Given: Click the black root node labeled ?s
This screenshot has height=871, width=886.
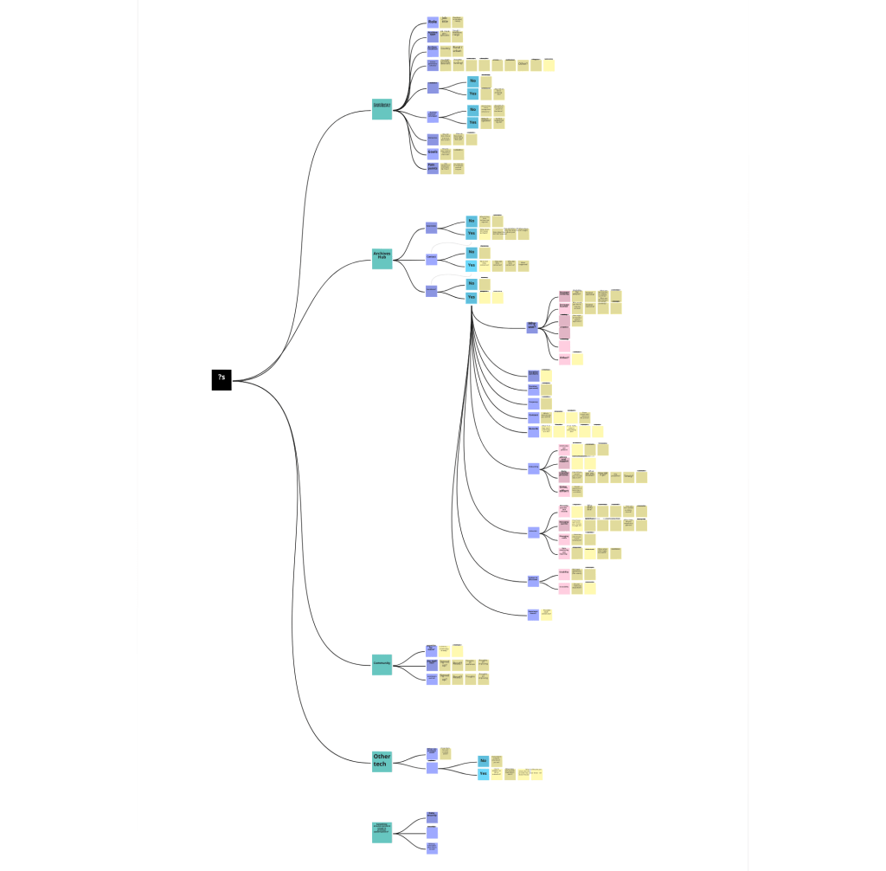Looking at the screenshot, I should point(221,379).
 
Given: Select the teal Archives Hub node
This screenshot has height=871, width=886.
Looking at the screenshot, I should point(382,258).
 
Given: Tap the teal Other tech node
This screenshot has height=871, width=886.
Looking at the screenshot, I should point(382,761).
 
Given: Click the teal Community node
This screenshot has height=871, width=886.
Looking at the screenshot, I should point(382,664).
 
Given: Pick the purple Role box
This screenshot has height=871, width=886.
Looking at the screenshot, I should point(433,22).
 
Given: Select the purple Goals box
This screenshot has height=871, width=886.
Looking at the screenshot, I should point(433,152).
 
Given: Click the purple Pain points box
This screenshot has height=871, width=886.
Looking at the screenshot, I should point(433,167).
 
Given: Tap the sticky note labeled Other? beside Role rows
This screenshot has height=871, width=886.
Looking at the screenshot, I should point(523,64).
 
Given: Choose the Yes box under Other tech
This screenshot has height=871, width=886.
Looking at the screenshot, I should point(484,774).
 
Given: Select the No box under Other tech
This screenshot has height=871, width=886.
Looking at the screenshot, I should point(484,760).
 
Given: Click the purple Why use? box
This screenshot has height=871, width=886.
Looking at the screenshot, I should point(532,326).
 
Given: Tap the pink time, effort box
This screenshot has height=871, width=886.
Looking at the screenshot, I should point(564,489).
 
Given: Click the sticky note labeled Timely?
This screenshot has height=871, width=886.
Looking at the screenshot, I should point(629,476).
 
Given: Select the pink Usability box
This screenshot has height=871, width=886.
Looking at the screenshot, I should point(564,572).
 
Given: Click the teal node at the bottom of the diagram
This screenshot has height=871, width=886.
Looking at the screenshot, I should point(382,831).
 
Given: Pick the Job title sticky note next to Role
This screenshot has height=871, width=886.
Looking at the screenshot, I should point(446,21).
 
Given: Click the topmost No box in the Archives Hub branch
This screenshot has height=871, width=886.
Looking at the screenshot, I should point(472,221).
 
